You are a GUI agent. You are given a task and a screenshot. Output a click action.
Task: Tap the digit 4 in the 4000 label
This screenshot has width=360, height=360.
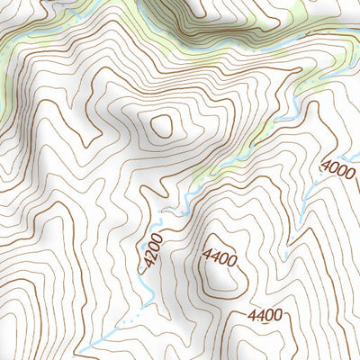[326, 174]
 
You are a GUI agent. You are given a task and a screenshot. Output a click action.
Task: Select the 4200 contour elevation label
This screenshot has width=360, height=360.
[150, 253]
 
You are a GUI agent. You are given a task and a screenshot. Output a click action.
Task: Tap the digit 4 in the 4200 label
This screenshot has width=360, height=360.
[144, 265]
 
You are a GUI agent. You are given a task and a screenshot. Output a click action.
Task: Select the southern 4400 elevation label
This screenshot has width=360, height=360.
[266, 315]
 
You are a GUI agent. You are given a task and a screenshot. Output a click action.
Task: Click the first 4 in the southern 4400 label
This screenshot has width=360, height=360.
[253, 315]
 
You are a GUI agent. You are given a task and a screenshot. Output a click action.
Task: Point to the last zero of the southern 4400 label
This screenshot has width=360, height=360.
[280, 315]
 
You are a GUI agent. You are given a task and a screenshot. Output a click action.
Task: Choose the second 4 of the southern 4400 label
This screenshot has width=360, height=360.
[262, 315]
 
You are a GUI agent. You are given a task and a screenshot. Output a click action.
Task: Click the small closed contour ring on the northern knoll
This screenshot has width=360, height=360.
[163, 126]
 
